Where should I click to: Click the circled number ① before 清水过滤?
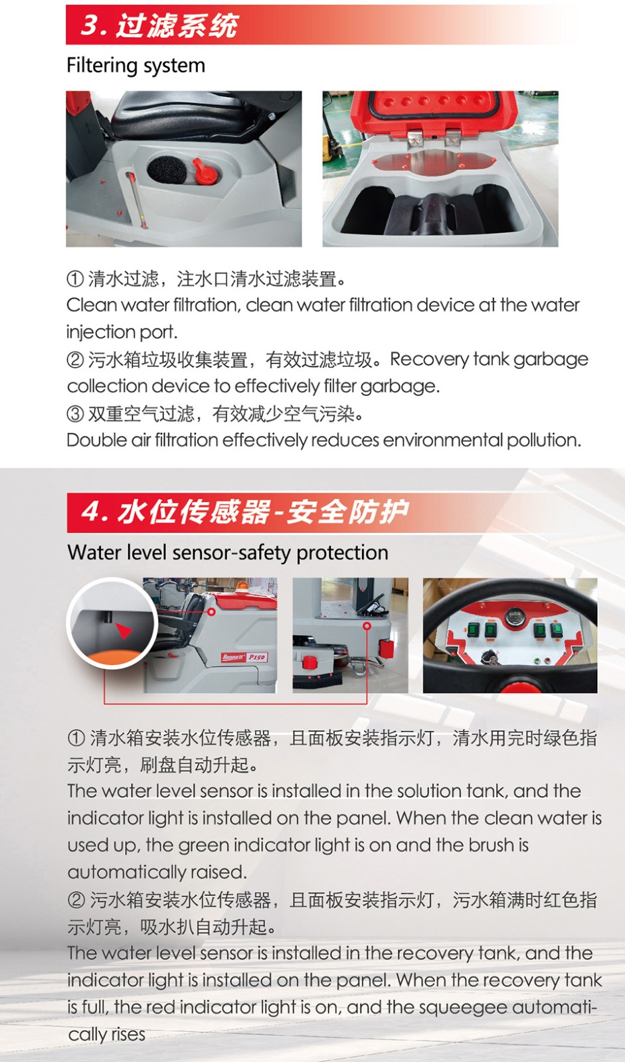coord(76,279)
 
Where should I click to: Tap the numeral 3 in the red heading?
coord(90,25)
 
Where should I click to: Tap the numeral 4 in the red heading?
coord(90,512)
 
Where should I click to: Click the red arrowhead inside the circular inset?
coord(124,631)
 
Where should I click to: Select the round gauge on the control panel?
coord(513,617)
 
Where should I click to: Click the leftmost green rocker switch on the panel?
coord(473,630)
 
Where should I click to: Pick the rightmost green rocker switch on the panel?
coord(556,631)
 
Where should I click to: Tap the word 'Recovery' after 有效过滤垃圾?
coord(429,359)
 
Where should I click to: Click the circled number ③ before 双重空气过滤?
coord(76,414)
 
